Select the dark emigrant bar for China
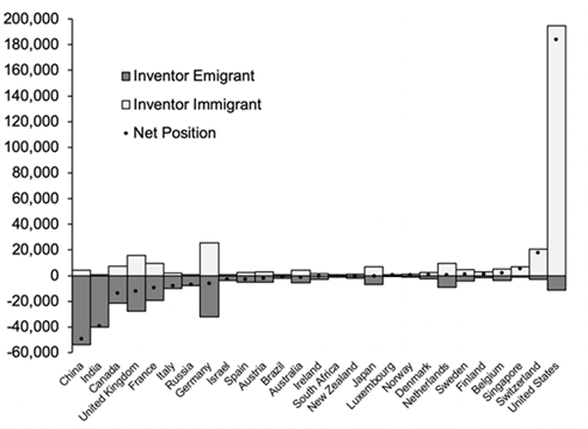(x=81, y=309)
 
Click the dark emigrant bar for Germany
(x=208, y=295)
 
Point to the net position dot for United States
(x=556, y=39)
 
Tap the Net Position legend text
(x=173, y=131)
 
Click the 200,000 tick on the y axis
(x=34, y=20)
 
